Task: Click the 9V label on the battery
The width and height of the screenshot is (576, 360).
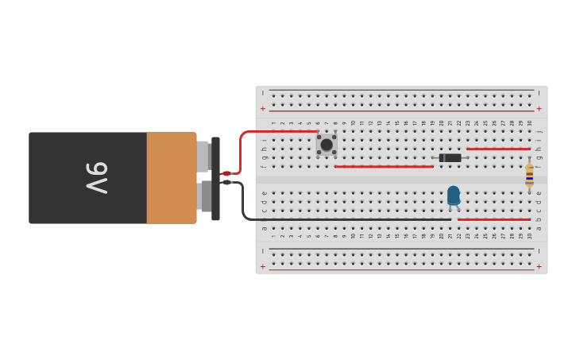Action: point(96,178)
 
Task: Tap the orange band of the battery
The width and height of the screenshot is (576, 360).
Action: point(171,178)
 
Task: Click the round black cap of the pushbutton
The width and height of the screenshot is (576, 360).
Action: point(327,145)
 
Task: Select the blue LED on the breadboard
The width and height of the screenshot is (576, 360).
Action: point(453,195)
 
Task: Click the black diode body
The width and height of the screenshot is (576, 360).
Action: point(450,157)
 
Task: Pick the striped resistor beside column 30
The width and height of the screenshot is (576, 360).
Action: point(529,176)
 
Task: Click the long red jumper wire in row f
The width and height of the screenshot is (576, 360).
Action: point(384,166)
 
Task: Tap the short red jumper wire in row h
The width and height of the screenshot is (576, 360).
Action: point(498,149)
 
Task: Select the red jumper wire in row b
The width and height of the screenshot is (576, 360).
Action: point(493,219)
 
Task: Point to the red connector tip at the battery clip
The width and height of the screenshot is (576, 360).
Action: point(226,173)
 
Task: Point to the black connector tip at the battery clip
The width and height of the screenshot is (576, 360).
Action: point(226,183)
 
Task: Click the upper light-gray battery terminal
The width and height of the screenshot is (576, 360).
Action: point(203,157)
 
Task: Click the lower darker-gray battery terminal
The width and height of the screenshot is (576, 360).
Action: point(205,195)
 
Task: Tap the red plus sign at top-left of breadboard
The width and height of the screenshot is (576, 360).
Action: point(263,109)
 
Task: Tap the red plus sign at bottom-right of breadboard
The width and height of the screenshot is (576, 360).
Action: point(539,266)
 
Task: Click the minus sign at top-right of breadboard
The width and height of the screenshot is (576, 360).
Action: point(539,93)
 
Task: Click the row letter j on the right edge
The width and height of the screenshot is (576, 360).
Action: point(539,132)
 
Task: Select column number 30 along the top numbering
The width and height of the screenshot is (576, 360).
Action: point(530,123)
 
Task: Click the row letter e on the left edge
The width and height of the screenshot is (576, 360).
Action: point(265,193)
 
